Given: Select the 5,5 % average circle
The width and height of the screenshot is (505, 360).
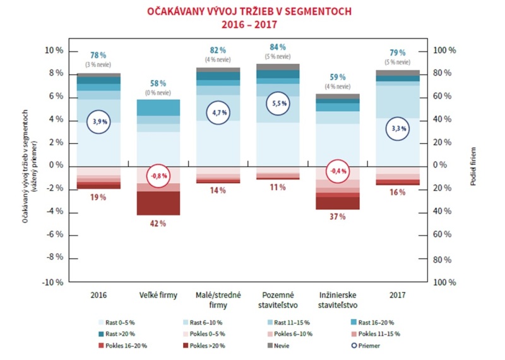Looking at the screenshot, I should point(278,104).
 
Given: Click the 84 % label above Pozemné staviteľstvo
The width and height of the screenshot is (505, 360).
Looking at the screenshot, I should point(278,47).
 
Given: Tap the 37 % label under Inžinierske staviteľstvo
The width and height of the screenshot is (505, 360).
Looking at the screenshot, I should point(338,217).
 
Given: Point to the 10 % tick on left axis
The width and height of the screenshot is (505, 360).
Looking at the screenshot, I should point(55,50).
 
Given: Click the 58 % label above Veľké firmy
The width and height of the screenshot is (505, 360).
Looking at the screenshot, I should point(158,83).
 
